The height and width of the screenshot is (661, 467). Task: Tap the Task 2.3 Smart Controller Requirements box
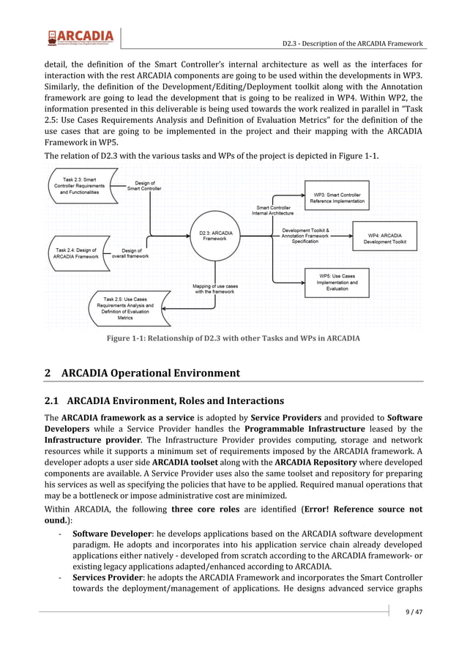pyautogui.click(x=80, y=187)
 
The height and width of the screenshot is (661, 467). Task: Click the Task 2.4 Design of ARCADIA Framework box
pyautogui.click(x=76, y=253)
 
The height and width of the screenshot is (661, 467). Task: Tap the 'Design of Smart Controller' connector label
pyautogui.click(x=146, y=185)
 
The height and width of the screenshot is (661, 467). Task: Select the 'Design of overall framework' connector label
pyautogui.click(x=130, y=253)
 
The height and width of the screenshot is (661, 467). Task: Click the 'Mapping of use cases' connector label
pyautogui.click(x=214, y=288)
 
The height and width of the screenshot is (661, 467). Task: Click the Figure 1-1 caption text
pyautogui.click(x=233, y=338)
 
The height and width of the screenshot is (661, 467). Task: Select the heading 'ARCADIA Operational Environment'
pyautogui.click(x=150, y=373)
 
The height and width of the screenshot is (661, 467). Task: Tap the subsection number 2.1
pyautogui.click(x=53, y=401)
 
